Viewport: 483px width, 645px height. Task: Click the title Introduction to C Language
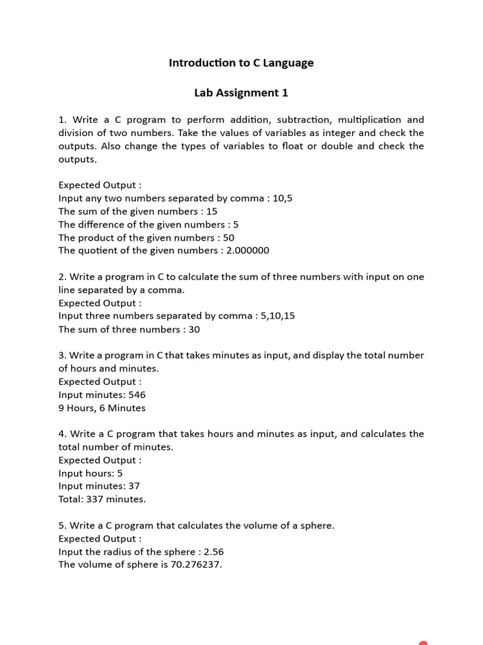click(241, 63)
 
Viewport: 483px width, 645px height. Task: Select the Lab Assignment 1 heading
click(241, 93)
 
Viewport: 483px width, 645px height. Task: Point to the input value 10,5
click(282, 198)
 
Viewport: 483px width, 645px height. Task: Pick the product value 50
click(228, 238)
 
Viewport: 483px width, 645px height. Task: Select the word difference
click(102, 225)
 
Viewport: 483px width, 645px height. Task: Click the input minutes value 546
click(136, 395)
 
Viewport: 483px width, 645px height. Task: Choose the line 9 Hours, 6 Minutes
click(102, 408)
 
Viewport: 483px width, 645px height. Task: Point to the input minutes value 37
click(133, 486)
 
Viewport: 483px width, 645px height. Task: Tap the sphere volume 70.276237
click(195, 565)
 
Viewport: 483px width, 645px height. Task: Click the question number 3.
click(62, 356)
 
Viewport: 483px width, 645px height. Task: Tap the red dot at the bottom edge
click(423, 642)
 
